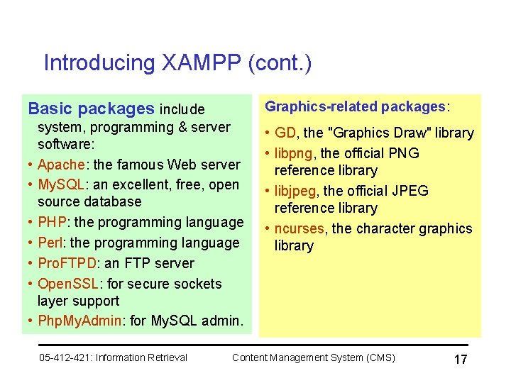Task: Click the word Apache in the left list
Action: click(61, 165)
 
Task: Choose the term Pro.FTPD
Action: click(66, 263)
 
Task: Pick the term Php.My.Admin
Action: click(79, 320)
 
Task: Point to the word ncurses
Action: click(299, 228)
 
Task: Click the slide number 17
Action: click(460, 359)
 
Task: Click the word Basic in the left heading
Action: click(50, 109)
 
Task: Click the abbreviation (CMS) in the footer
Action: click(378, 357)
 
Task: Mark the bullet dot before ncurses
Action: click(267, 228)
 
